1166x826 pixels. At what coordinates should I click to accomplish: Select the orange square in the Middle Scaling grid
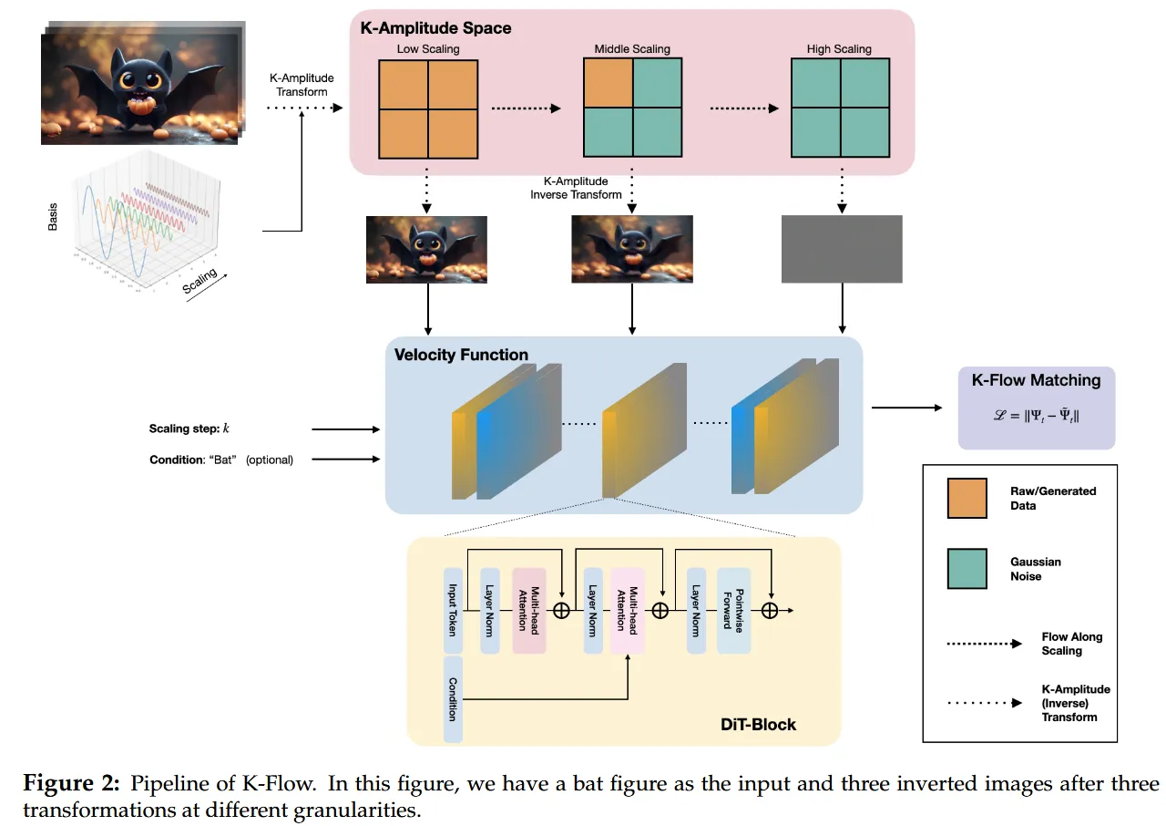[x=608, y=83]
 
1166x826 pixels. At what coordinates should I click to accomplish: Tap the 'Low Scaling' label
[x=427, y=49]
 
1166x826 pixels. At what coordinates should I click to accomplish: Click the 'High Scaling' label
[x=839, y=49]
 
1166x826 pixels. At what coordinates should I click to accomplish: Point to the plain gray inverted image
[x=842, y=249]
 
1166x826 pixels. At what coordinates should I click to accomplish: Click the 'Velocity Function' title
[x=461, y=355]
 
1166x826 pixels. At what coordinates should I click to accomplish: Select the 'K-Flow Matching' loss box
[x=1036, y=408]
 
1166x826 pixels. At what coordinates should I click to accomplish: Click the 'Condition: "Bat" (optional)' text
[x=221, y=459]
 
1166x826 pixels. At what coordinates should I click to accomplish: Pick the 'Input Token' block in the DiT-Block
[x=453, y=610]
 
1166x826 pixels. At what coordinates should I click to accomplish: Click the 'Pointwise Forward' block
[x=733, y=610]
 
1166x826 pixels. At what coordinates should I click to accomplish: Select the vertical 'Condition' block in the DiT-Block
[x=453, y=698]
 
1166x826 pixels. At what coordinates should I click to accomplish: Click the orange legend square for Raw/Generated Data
[x=967, y=498]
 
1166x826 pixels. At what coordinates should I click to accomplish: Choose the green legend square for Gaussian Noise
[x=967, y=569]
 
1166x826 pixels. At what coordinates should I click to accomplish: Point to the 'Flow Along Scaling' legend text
[x=1071, y=644]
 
